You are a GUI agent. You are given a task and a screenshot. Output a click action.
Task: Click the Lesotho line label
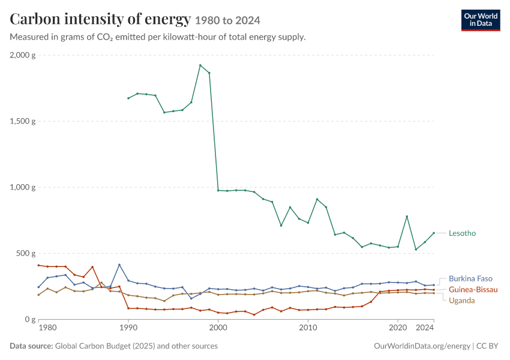pos(462,233)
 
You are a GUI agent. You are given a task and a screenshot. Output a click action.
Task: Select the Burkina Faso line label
pos(470,278)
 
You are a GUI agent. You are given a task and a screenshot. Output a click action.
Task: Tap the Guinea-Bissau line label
pos(473,289)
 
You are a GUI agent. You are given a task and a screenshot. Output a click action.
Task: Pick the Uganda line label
pos(461,301)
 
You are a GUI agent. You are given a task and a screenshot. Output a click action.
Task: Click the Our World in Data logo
pos(481,20)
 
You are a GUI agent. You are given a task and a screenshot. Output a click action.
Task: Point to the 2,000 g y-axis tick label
pos(23,55)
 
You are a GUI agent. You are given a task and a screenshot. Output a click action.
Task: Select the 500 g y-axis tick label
pos(26,253)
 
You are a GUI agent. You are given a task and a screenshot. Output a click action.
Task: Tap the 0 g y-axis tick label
pos(30,319)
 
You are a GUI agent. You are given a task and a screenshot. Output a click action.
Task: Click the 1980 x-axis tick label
pos(47,328)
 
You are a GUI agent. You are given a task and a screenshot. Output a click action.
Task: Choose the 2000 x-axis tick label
pos(218,328)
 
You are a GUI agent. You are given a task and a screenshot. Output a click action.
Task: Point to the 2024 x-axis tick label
pos(425,328)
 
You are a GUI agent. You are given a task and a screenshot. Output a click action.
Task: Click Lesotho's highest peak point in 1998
pos(200,65)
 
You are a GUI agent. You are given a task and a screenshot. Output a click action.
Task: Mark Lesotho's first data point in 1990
pos(128,98)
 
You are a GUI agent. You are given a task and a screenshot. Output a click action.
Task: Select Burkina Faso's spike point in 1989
pos(119,265)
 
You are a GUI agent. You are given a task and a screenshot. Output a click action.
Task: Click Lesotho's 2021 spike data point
pos(407,217)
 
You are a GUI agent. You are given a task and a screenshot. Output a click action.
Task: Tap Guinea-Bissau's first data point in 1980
pos(38,265)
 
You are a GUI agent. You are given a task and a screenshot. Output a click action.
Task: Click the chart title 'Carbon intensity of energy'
pos(100,19)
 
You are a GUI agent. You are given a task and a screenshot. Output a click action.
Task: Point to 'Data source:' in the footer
pos(31,346)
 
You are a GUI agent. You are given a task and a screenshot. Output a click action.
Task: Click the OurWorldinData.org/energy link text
pos(422,346)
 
